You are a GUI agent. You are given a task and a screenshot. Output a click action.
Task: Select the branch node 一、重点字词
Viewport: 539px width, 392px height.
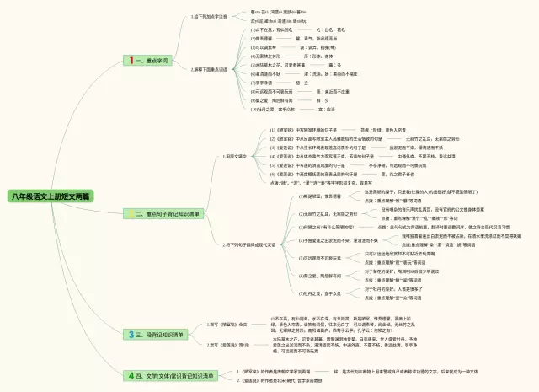152,61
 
